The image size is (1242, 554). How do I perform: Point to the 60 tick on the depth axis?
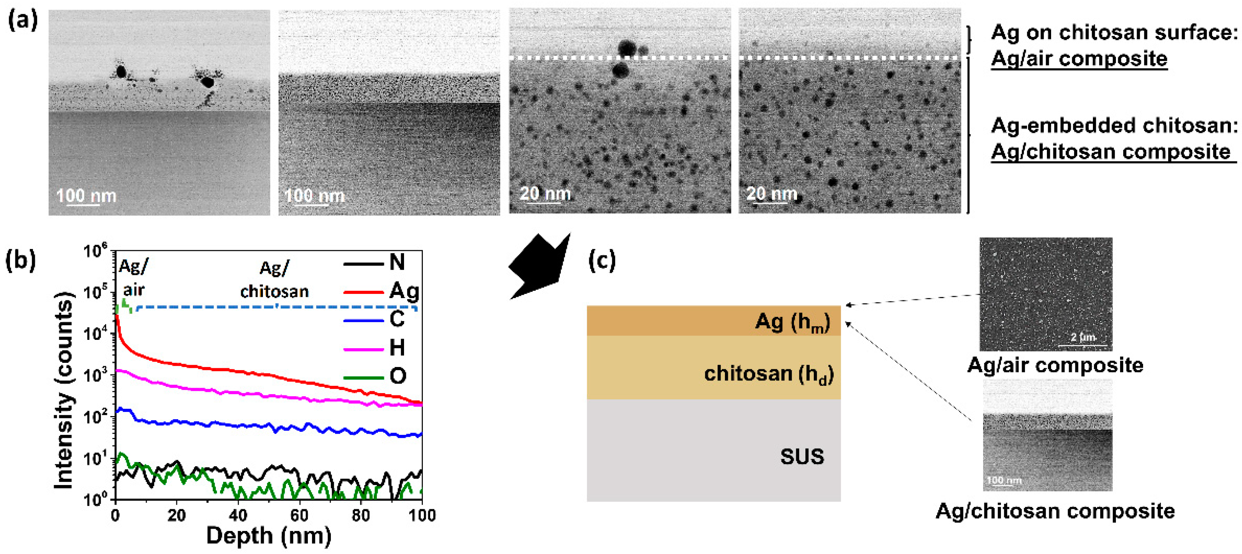tap(299, 515)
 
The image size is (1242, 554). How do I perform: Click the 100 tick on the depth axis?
tap(422, 515)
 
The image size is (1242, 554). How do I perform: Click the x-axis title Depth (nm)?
tap(269, 536)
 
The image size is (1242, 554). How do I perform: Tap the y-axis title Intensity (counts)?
tap(64, 390)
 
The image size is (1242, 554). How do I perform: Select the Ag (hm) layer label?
tap(792, 322)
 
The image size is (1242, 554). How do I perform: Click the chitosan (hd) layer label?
tap(769, 374)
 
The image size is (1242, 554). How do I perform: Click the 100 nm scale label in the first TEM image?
tap(86, 196)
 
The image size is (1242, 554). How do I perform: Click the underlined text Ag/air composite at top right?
tap(1079, 59)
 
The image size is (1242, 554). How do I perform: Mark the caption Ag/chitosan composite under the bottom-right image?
tap(1055, 511)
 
